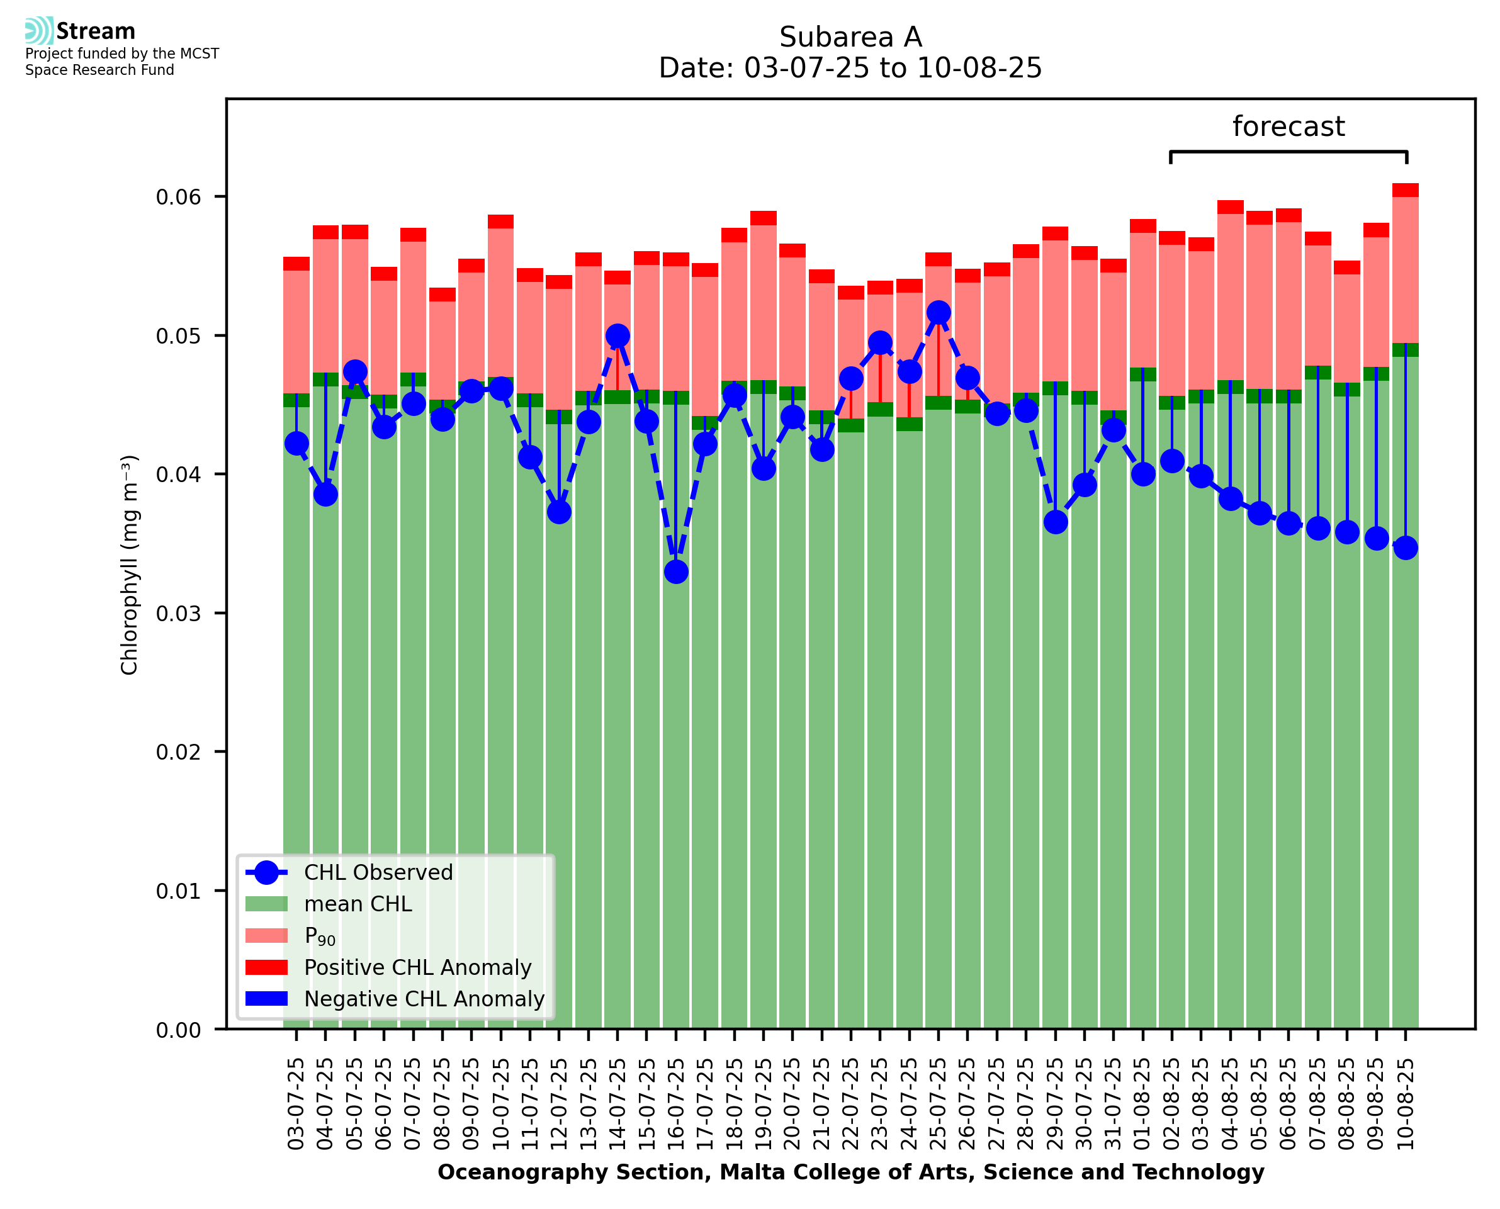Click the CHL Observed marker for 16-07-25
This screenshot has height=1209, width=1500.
[675, 571]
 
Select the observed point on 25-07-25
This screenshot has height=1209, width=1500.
[938, 313]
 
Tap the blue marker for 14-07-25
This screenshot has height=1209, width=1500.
[617, 335]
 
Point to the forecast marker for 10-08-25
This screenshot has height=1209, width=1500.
[1406, 548]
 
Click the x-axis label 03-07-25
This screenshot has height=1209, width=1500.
[296, 1104]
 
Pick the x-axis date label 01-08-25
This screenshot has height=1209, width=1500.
[1142, 1104]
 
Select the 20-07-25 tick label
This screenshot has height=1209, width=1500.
[792, 1104]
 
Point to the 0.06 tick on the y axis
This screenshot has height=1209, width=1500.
[178, 197]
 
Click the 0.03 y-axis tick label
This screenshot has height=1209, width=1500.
[178, 614]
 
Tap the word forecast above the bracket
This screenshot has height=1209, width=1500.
[1288, 127]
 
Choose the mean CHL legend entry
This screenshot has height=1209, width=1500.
[358, 904]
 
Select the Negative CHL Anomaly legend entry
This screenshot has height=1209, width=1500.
[424, 999]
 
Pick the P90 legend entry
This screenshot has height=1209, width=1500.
[320, 936]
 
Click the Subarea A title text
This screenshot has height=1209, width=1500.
[850, 37]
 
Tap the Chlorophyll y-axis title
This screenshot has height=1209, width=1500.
[130, 565]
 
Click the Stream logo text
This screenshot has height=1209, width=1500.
[96, 31]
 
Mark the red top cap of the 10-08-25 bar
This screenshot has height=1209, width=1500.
[1406, 190]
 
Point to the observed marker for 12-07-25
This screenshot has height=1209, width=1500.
[558, 512]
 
